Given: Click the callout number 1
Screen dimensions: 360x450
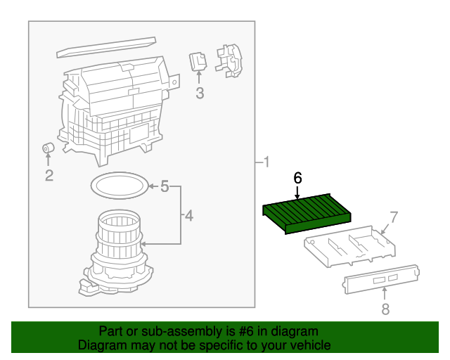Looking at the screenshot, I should coord(266,163).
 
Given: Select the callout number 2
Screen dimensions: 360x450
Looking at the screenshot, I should coord(49,176).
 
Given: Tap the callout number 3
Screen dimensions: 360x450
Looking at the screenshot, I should coord(200,93).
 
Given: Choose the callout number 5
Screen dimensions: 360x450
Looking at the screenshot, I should coord(165,186).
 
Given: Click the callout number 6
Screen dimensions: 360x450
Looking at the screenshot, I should coord(297,179).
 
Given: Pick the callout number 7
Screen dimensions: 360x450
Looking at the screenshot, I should coord(394,217).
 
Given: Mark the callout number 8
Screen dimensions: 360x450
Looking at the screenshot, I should coord(385,308).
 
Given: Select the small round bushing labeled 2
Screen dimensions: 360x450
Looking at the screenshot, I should coord(49,149).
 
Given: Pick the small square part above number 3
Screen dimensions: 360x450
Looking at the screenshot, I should coord(198,63).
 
